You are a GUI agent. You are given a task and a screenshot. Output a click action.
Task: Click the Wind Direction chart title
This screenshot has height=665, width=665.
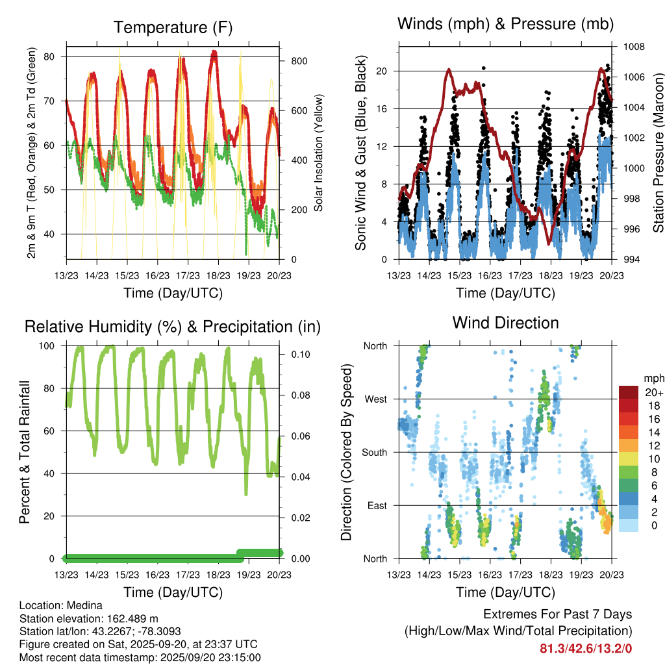(505, 322)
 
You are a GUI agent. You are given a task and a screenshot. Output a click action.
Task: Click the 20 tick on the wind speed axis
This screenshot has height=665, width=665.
(383, 71)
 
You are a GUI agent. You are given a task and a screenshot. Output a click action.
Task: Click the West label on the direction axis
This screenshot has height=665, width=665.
(375, 399)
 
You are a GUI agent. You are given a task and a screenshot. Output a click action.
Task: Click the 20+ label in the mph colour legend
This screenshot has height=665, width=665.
(653, 392)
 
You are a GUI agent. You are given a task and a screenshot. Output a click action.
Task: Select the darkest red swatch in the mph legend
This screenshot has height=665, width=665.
(629, 392)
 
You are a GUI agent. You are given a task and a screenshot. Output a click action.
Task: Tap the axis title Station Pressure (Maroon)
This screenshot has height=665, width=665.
(657, 153)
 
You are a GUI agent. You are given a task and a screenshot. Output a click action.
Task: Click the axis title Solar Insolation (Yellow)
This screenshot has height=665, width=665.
(319, 153)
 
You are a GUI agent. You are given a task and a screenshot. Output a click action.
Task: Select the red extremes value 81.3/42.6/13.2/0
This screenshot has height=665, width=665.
(586, 647)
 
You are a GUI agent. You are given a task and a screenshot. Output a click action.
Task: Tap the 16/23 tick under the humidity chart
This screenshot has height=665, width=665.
(158, 574)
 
